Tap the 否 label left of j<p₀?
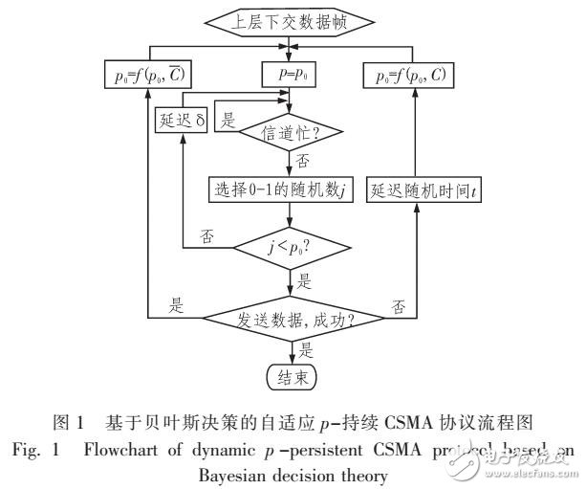point(206,233)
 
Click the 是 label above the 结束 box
point(307,348)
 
